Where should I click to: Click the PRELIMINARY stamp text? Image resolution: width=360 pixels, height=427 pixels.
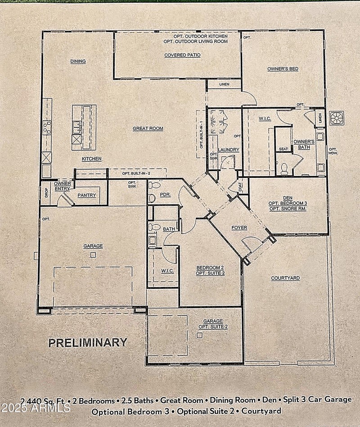click(x=87, y=342)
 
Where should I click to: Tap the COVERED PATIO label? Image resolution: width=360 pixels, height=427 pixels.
click(x=182, y=55)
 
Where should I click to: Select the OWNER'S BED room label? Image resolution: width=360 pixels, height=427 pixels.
click(x=283, y=69)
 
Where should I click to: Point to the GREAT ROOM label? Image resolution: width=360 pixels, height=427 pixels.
click(x=148, y=128)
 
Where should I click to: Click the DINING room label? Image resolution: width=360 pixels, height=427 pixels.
click(x=78, y=61)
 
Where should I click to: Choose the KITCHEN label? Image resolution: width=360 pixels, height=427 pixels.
click(x=91, y=159)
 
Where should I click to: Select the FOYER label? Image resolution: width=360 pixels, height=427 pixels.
click(x=239, y=228)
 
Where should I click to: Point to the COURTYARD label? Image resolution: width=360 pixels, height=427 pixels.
click(x=285, y=278)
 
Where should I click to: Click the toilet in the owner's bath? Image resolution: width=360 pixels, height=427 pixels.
click(x=284, y=168)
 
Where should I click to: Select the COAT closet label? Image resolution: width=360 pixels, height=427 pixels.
click(x=240, y=187)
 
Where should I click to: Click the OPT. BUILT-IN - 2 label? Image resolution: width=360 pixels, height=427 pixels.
click(x=137, y=173)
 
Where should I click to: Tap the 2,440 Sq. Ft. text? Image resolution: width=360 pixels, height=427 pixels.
click(x=40, y=400)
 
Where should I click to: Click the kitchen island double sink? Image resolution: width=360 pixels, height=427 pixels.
click(x=76, y=127)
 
